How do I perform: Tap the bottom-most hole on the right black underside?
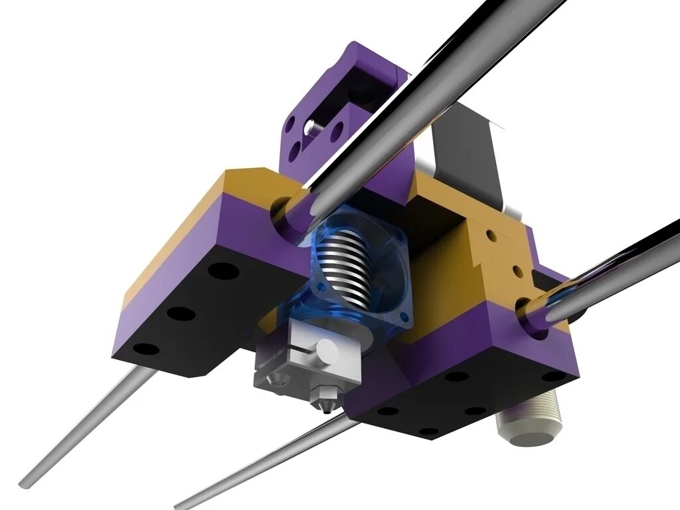pos(428,432)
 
